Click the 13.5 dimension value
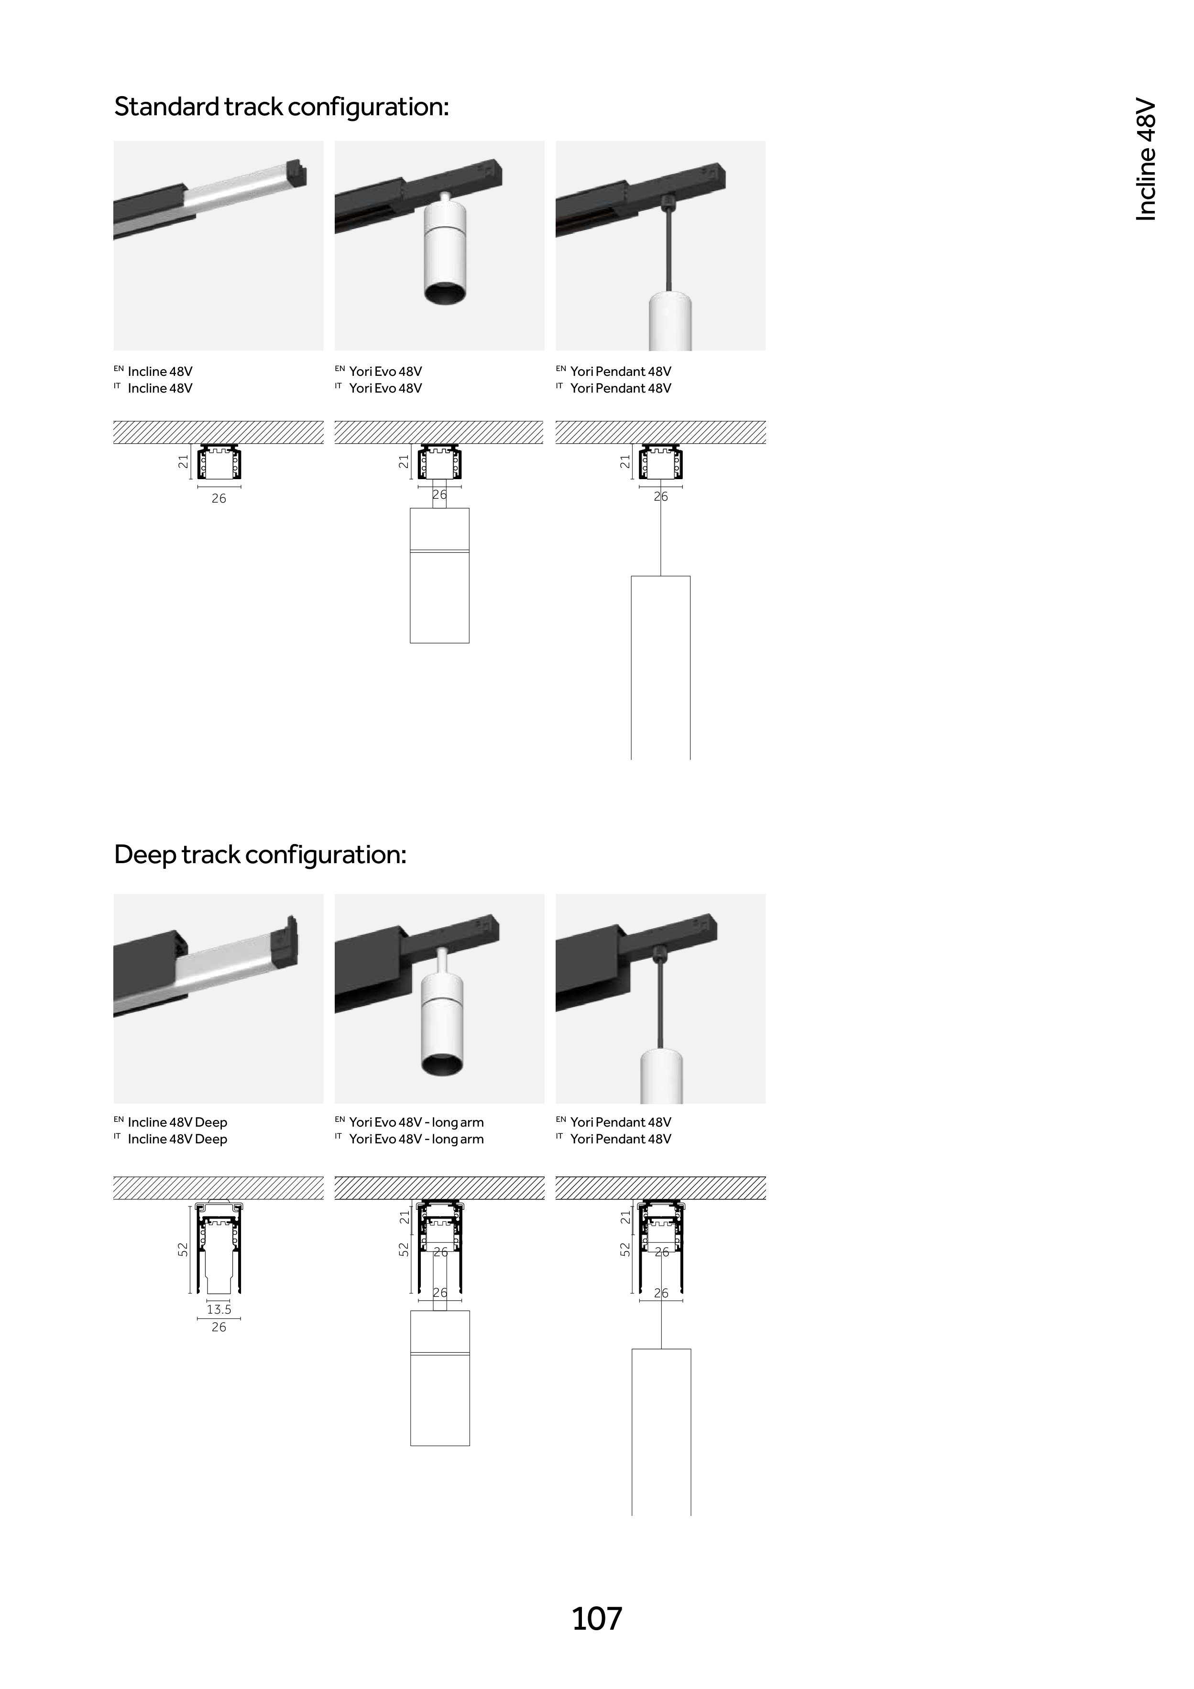219,1309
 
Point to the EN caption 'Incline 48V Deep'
177,1122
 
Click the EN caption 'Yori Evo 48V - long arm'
416,1122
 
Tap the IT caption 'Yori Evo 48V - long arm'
416,1139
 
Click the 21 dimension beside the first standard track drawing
183,461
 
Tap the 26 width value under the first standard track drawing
219,499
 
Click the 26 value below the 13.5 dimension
219,1327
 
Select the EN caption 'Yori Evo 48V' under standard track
385,372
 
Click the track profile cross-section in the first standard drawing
219,462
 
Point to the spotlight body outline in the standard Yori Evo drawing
439,596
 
